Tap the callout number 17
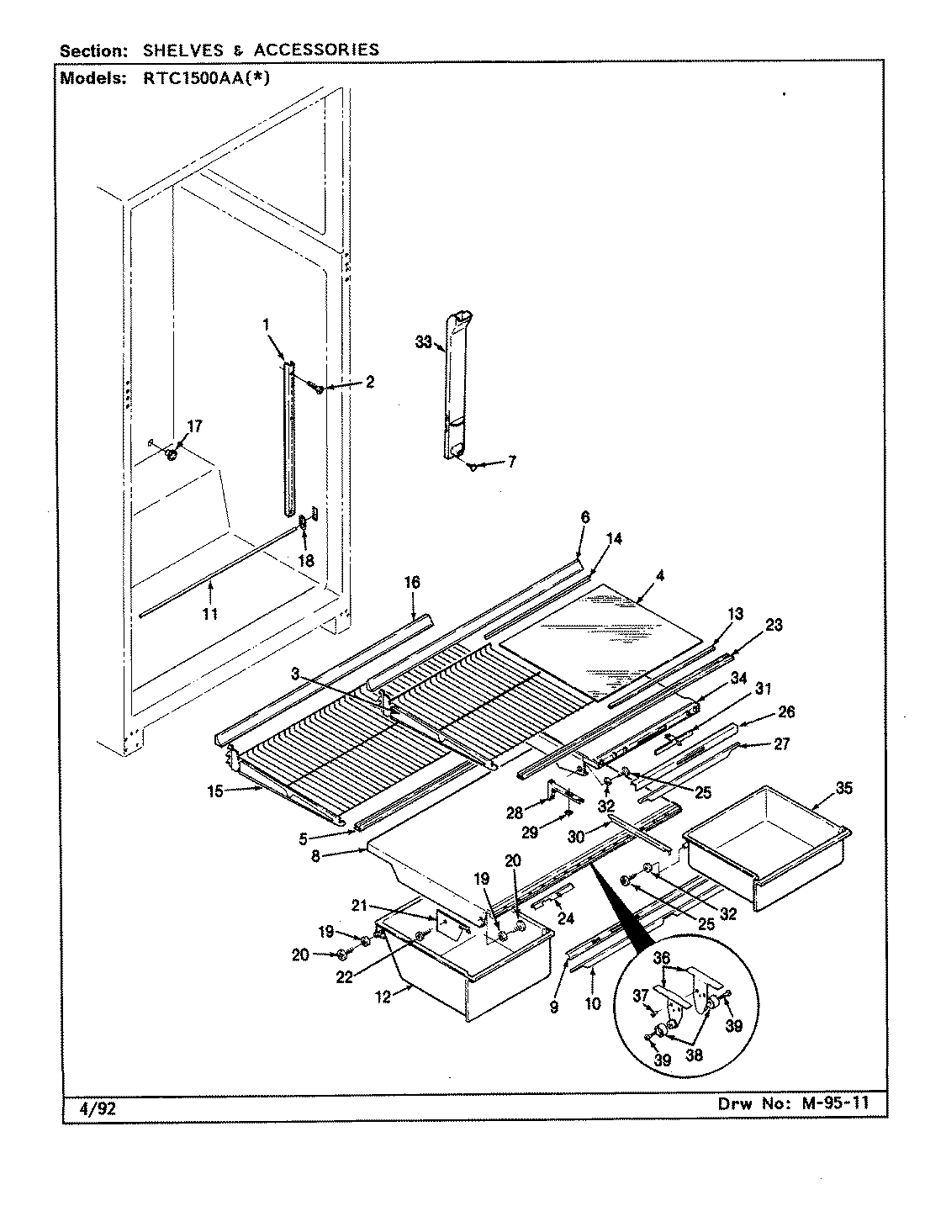(x=194, y=426)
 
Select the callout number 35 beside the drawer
(x=843, y=788)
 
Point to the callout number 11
(x=209, y=614)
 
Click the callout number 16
(x=412, y=582)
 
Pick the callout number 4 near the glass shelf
(x=660, y=577)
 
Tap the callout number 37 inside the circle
(x=642, y=995)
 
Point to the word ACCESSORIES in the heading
(x=316, y=50)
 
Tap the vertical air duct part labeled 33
(x=455, y=387)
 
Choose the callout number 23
(x=773, y=625)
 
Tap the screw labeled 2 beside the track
(x=319, y=388)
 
